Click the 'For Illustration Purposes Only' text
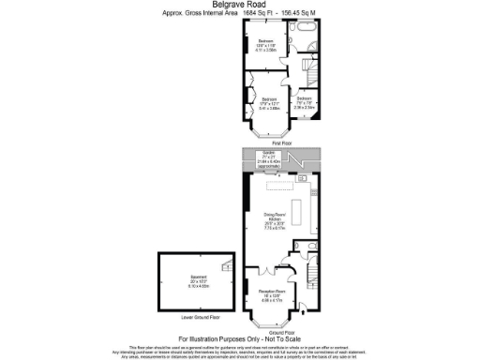239,339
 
